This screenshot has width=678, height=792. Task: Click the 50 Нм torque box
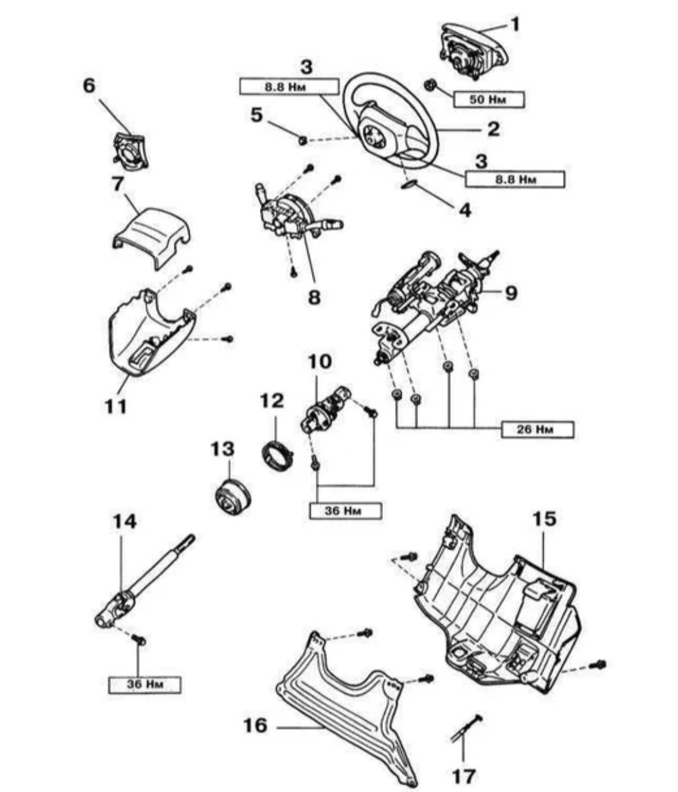pos(488,99)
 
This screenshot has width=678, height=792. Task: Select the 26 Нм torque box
pos(537,429)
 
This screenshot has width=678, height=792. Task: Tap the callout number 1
pos(515,25)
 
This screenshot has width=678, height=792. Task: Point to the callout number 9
pos(511,292)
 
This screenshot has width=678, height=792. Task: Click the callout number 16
pos(256,725)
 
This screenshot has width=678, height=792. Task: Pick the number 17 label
pos(464,776)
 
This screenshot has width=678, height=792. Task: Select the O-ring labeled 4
pos(409,184)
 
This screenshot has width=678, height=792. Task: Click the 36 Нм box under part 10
pos(345,511)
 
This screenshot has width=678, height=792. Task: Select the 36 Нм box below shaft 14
pos(144,684)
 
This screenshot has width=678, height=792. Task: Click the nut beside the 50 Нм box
pos(431,85)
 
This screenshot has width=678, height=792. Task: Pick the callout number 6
pos(90,85)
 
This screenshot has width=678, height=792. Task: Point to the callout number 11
pos(116,406)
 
